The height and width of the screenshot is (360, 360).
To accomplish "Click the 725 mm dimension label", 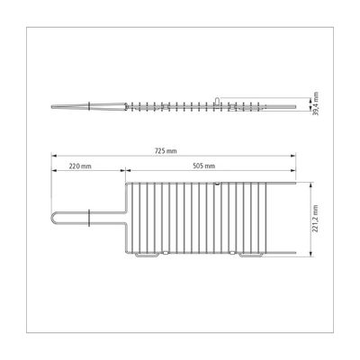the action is click(x=166, y=151).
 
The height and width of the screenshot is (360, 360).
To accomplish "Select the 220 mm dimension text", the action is click(x=80, y=166).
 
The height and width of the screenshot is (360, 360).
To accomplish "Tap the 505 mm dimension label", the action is click(x=204, y=166).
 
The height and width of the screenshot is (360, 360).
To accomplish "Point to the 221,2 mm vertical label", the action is click(x=315, y=219).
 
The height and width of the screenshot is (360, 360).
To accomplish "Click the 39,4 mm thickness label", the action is click(x=315, y=103).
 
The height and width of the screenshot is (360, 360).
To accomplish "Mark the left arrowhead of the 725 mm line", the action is click(x=54, y=156).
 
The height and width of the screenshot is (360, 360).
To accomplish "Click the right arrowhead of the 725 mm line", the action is click(x=293, y=156).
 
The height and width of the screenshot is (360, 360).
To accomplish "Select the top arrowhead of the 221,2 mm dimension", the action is click(x=310, y=184).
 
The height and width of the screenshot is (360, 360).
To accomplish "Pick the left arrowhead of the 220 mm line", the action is click(x=54, y=170).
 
